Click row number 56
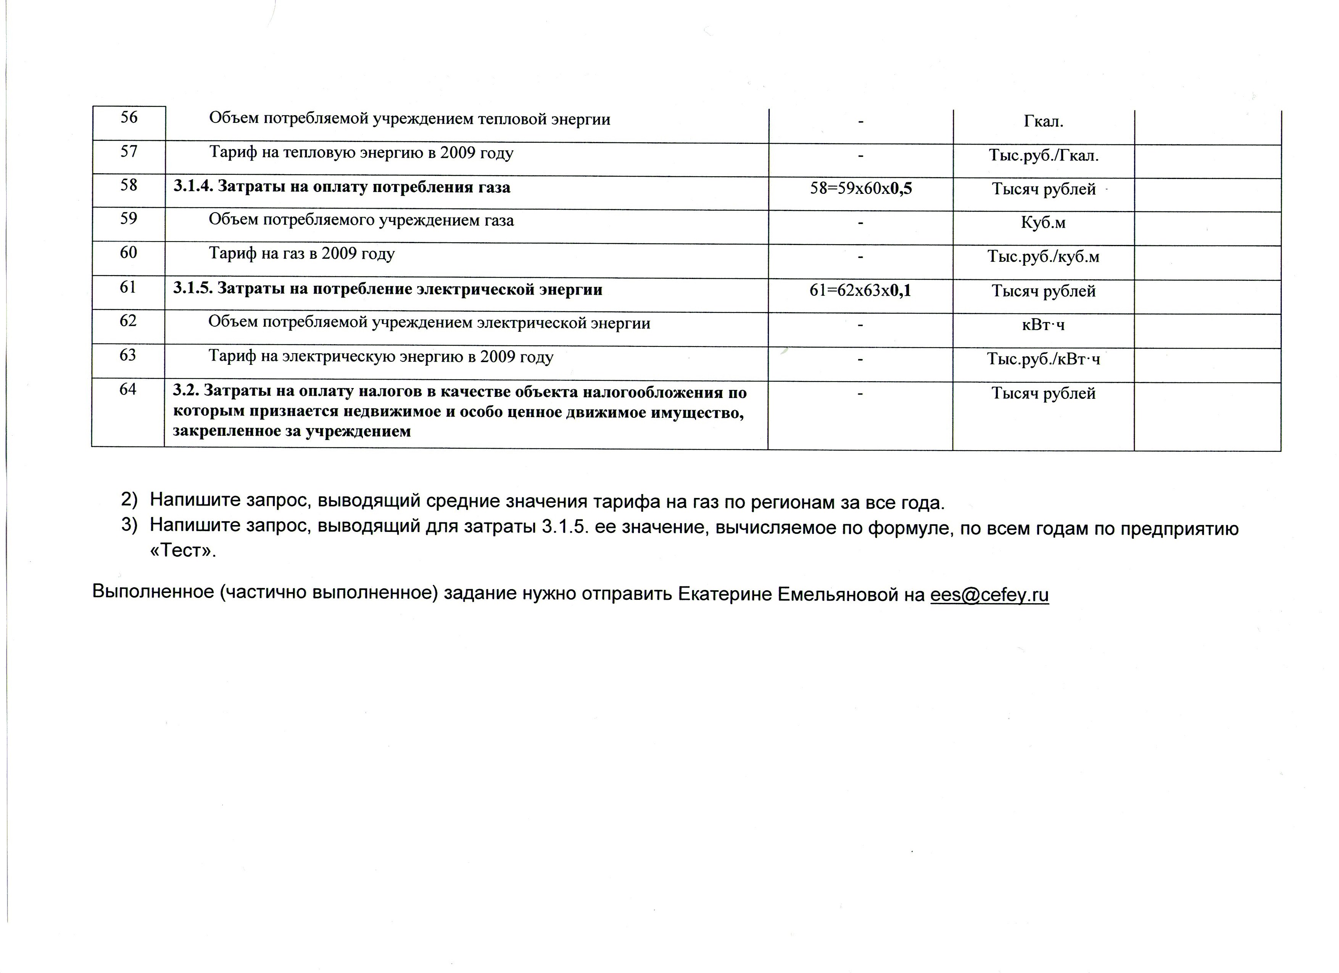coord(129,118)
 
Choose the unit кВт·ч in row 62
coord(1043,325)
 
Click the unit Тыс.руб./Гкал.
coord(1043,156)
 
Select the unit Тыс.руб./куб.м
coord(1043,257)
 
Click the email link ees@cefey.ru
coord(989,594)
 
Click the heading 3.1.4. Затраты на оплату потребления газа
coord(342,187)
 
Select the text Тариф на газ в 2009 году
coord(302,254)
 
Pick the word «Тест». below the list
coord(183,551)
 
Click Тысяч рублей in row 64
coord(1043,393)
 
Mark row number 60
coord(128,253)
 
